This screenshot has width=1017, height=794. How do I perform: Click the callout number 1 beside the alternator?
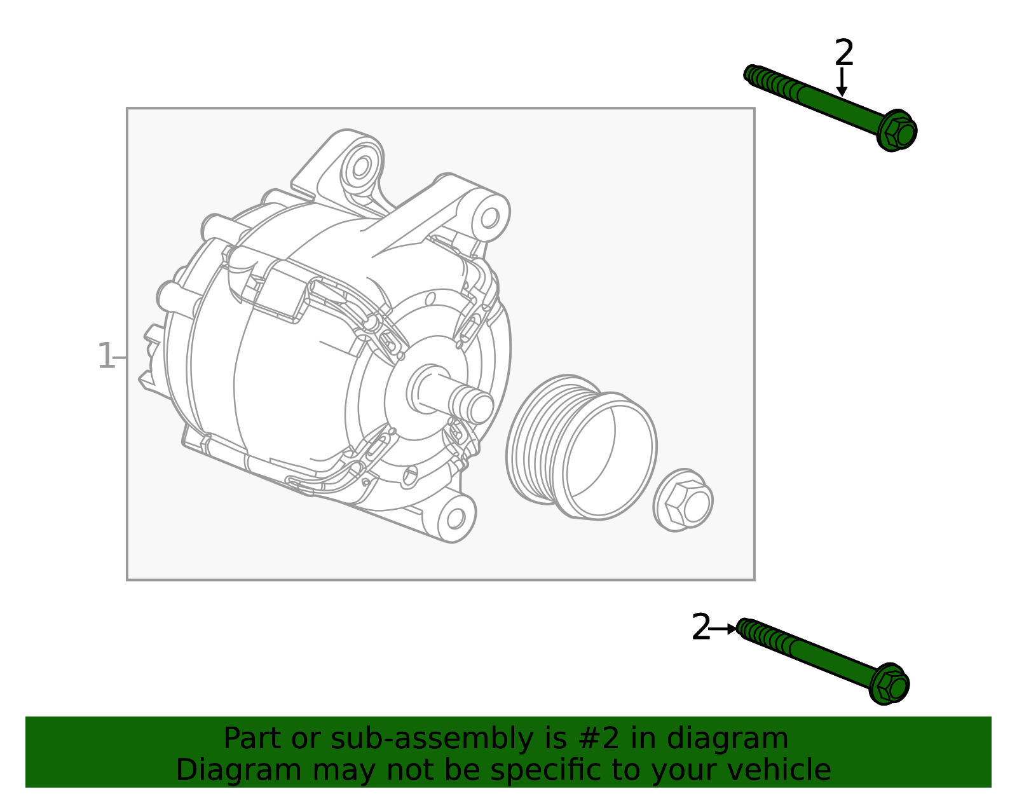[x=106, y=356]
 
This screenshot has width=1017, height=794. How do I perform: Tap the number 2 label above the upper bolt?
[x=844, y=52]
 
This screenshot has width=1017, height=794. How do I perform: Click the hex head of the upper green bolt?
[x=898, y=132]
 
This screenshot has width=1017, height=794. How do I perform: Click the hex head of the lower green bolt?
[x=889, y=685]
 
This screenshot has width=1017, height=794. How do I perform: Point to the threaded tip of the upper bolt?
[x=753, y=75]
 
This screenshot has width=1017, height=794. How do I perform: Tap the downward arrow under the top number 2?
[x=842, y=83]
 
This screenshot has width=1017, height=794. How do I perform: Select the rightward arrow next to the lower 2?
[x=723, y=629]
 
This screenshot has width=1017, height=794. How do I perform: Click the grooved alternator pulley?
[x=581, y=448]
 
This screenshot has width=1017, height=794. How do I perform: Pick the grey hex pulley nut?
[x=683, y=500]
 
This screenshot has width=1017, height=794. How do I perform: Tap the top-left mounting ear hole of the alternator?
[x=361, y=167]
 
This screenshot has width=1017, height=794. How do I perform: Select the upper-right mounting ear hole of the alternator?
[x=489, y=218]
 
